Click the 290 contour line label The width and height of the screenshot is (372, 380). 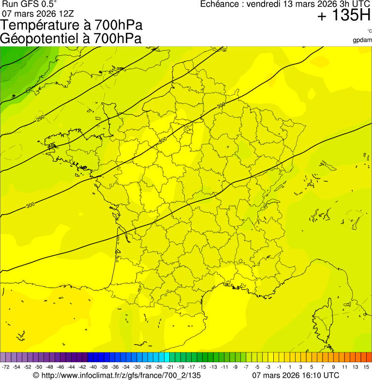tap(40, 118)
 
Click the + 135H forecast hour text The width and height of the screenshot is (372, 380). tap(343, 16)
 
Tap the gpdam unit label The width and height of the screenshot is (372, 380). tap(362, 40)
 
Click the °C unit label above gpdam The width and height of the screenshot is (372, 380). tap(369, 31)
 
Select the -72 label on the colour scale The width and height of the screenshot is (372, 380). tap(5, 367)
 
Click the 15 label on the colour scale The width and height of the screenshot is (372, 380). tap(367, 367)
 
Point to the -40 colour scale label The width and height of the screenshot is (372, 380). tap(91, 367)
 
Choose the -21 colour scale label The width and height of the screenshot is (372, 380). tap(170, 367)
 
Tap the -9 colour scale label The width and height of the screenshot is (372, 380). tap(235, 367)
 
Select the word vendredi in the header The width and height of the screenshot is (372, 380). tap(263, 4)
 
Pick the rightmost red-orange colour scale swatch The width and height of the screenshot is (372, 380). tap(368, 357)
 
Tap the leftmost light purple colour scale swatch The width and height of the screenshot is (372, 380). tap(3, 357)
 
